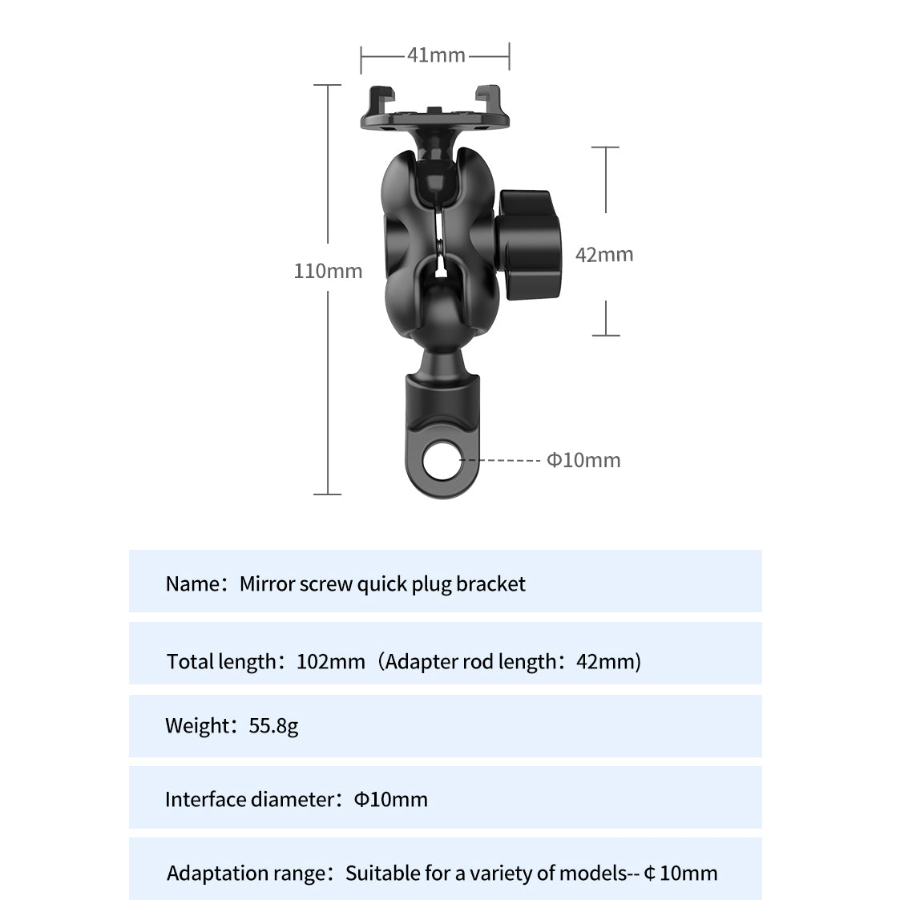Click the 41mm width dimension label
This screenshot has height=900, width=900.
436,55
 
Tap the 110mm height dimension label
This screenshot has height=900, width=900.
328,271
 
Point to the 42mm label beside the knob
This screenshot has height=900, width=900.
604,255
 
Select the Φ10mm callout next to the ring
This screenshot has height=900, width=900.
583,460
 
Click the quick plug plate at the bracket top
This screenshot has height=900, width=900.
434,113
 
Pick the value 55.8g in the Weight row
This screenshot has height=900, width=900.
273,726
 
